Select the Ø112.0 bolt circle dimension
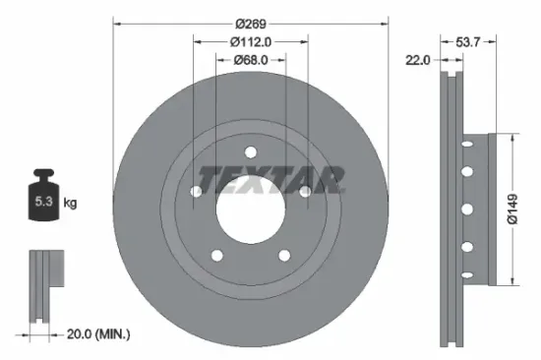point(250,41)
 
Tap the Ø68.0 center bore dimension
point(250,61)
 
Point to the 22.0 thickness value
point(419,61)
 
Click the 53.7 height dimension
point(468,42)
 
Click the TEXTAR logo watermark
point(271,180)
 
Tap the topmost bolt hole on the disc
point(250,151)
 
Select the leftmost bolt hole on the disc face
point(196,191)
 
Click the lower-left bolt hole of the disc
point(216,255)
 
